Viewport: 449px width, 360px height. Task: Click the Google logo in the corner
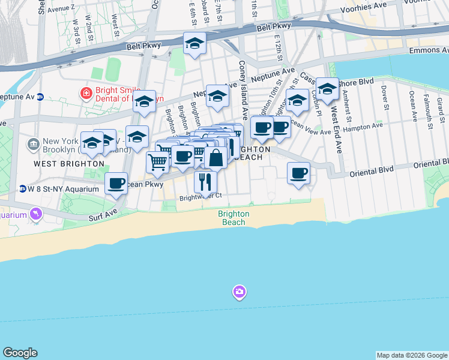coord(20,353)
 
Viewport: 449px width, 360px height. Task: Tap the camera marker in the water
coord(240,292)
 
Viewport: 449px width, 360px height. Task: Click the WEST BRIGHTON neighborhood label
coord(69,163)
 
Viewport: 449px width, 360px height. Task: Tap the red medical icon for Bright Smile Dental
coord(86,93)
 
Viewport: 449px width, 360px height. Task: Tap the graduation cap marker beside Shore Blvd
coord(327,89)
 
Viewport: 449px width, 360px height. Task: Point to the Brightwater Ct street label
coord(202,196)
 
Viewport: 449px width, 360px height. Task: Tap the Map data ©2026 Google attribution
coord(412,355)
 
